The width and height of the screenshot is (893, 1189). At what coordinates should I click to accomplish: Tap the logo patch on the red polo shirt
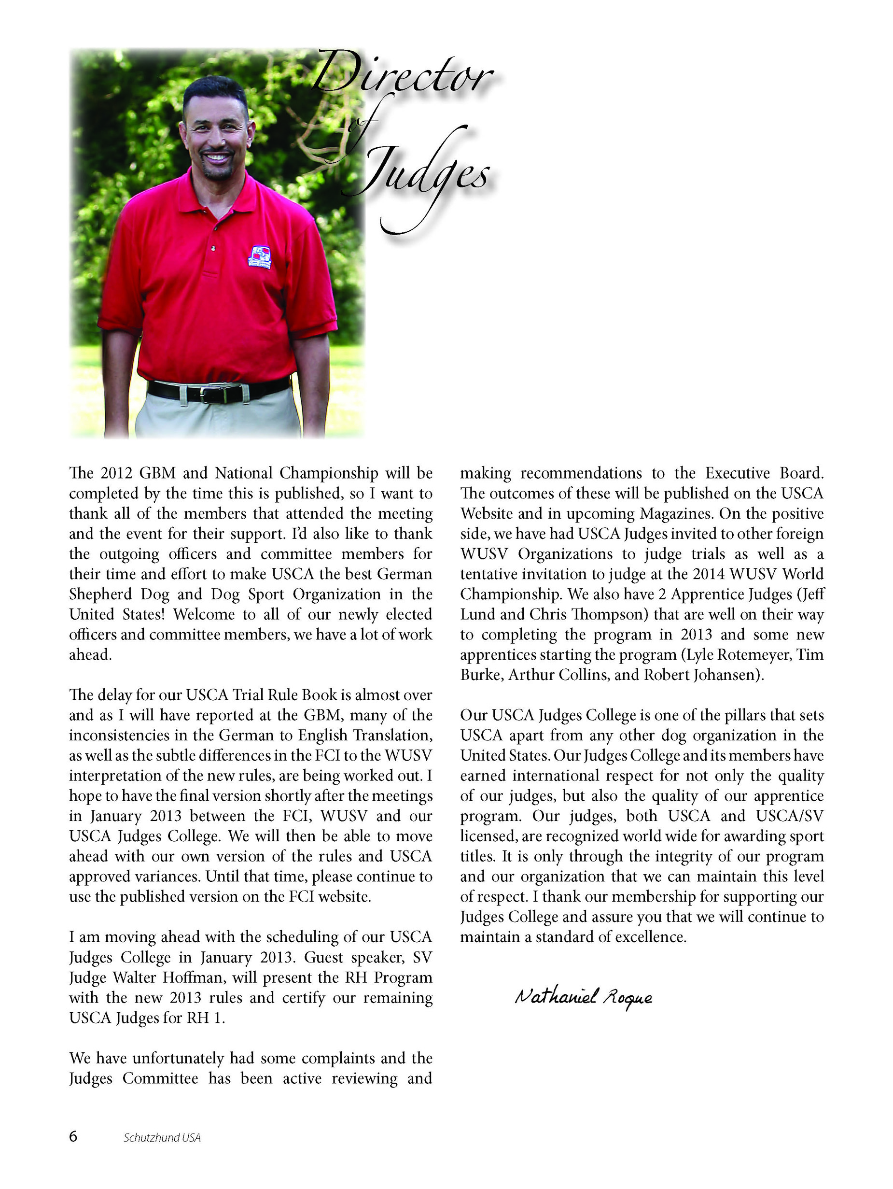pos(260,257)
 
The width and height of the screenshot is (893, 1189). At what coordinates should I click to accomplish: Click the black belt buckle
pos(220,394)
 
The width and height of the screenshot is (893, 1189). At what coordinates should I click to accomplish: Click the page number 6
pos(73,1137)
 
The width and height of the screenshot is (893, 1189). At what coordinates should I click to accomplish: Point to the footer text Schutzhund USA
pos(162,1137)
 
